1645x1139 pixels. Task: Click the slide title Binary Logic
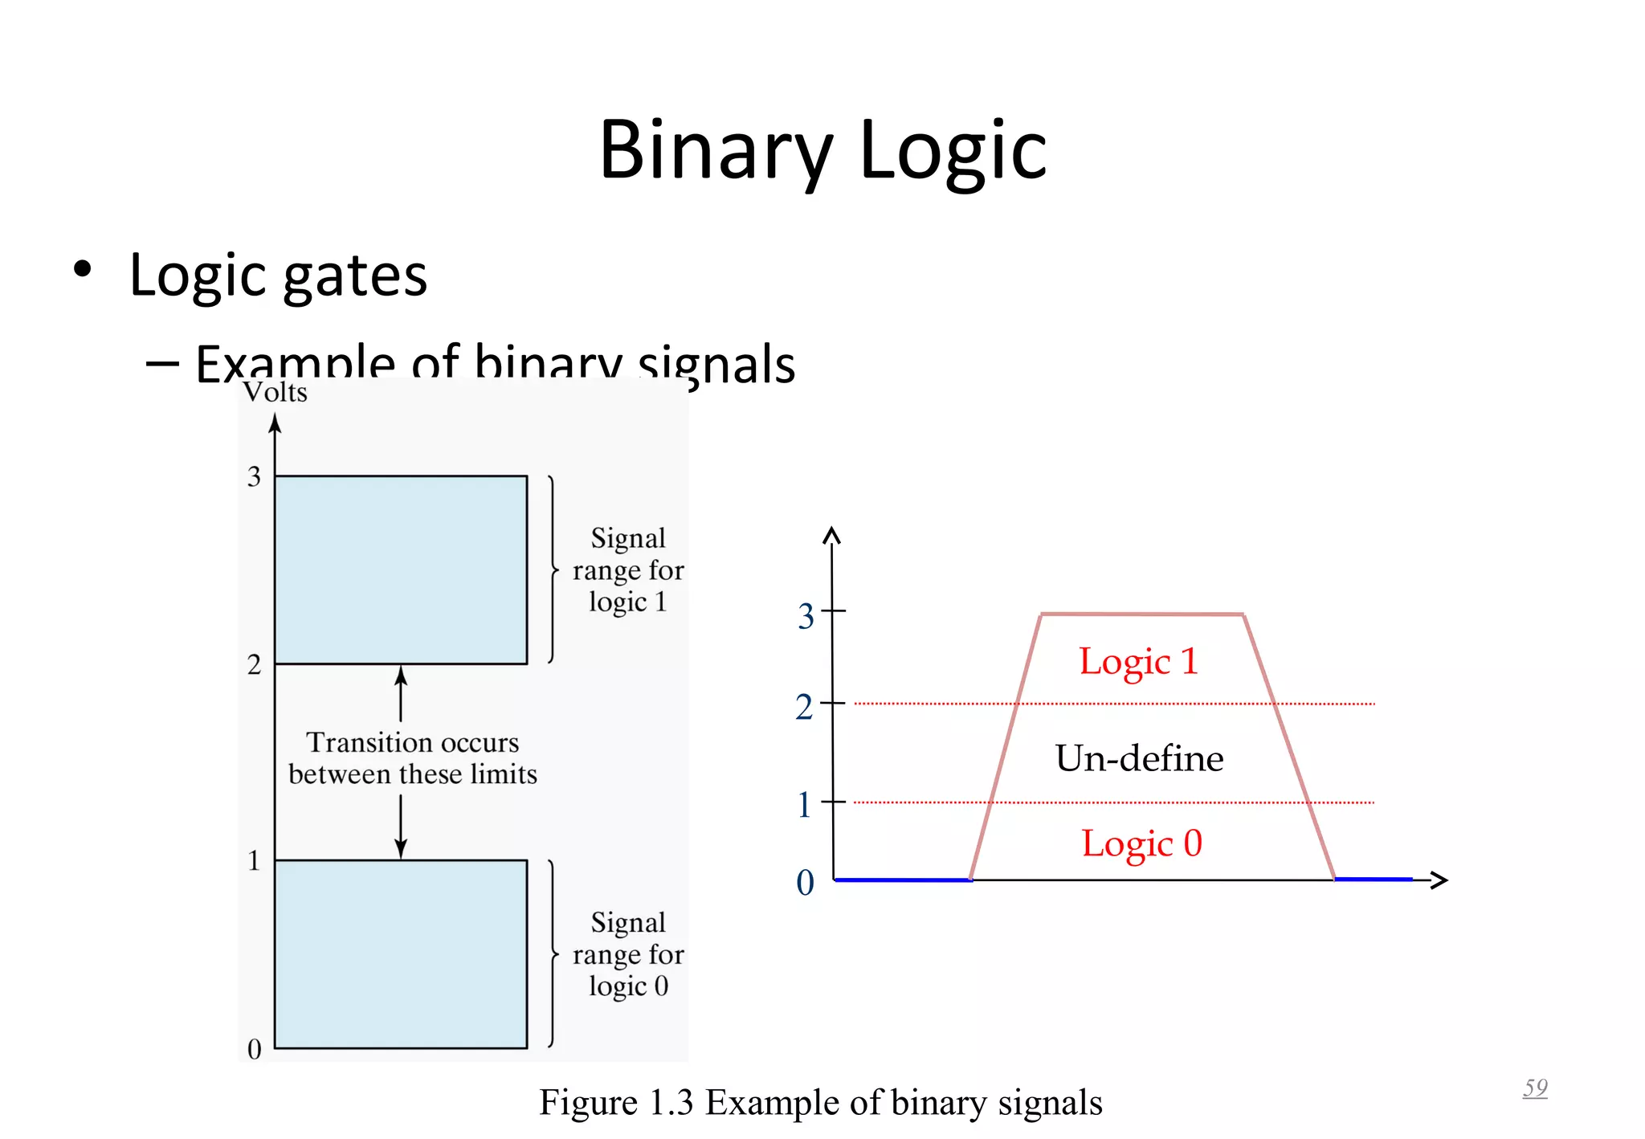tap(822, 150)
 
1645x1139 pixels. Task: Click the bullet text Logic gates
tap(278, 276)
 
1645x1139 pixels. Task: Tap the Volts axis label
tap(276, 393)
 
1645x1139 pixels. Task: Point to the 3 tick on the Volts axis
tap(255, 476)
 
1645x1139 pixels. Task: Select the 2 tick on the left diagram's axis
tap(255, 664)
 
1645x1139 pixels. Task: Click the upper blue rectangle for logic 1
tap(401, 569)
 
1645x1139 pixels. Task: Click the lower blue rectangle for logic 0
tap(401, 953)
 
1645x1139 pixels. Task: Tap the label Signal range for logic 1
tap(628, 569)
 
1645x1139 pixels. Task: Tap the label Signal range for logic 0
tap(628, 953)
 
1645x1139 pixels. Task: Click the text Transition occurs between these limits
tap(412, 757)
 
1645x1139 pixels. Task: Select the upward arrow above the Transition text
tap(401, 692)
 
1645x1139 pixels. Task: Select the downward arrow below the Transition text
tap(401, 827)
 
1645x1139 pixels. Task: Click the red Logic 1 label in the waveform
tap(1138, 662)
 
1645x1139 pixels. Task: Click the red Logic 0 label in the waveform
tap(1141, 843)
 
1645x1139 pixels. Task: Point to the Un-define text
tap(1139, 758)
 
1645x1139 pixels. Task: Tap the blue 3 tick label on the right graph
tap(806, 617)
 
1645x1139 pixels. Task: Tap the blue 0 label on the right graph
tap(805, 883)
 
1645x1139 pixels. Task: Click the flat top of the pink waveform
tap(1142, 614)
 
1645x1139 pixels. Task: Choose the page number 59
tap(1535, 1088)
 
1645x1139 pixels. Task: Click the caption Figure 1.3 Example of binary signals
tap(820, 1102)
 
